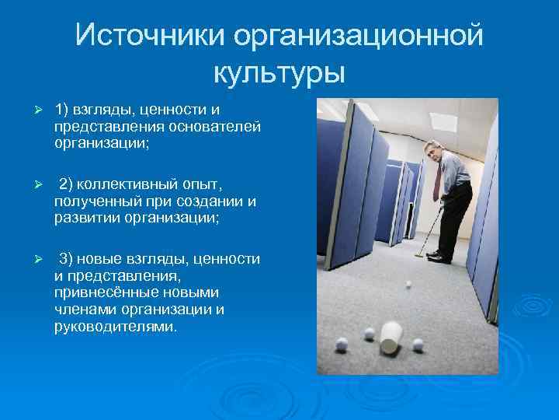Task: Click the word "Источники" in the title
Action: [148, 35]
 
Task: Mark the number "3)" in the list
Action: [68, 259]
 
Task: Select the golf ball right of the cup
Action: [418, 343]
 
